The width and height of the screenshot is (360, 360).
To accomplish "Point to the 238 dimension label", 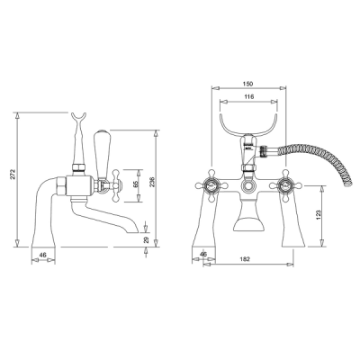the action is click(x=152, y=182).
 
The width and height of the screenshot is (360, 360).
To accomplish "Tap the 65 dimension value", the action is click(x=135, y=185).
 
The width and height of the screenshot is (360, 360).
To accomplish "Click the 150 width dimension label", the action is click(x=248, y=84).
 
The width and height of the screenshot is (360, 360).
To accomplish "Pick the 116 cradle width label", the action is click(x=249, y=96).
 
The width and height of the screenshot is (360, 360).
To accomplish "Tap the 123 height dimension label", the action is click(x=319, y=214).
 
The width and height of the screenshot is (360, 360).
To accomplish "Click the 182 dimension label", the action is click(x=245, y=259).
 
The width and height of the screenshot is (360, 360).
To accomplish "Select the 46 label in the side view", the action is click(x=43, y=255).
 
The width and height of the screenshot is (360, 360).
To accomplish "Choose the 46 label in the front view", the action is click(x=203, y=254).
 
